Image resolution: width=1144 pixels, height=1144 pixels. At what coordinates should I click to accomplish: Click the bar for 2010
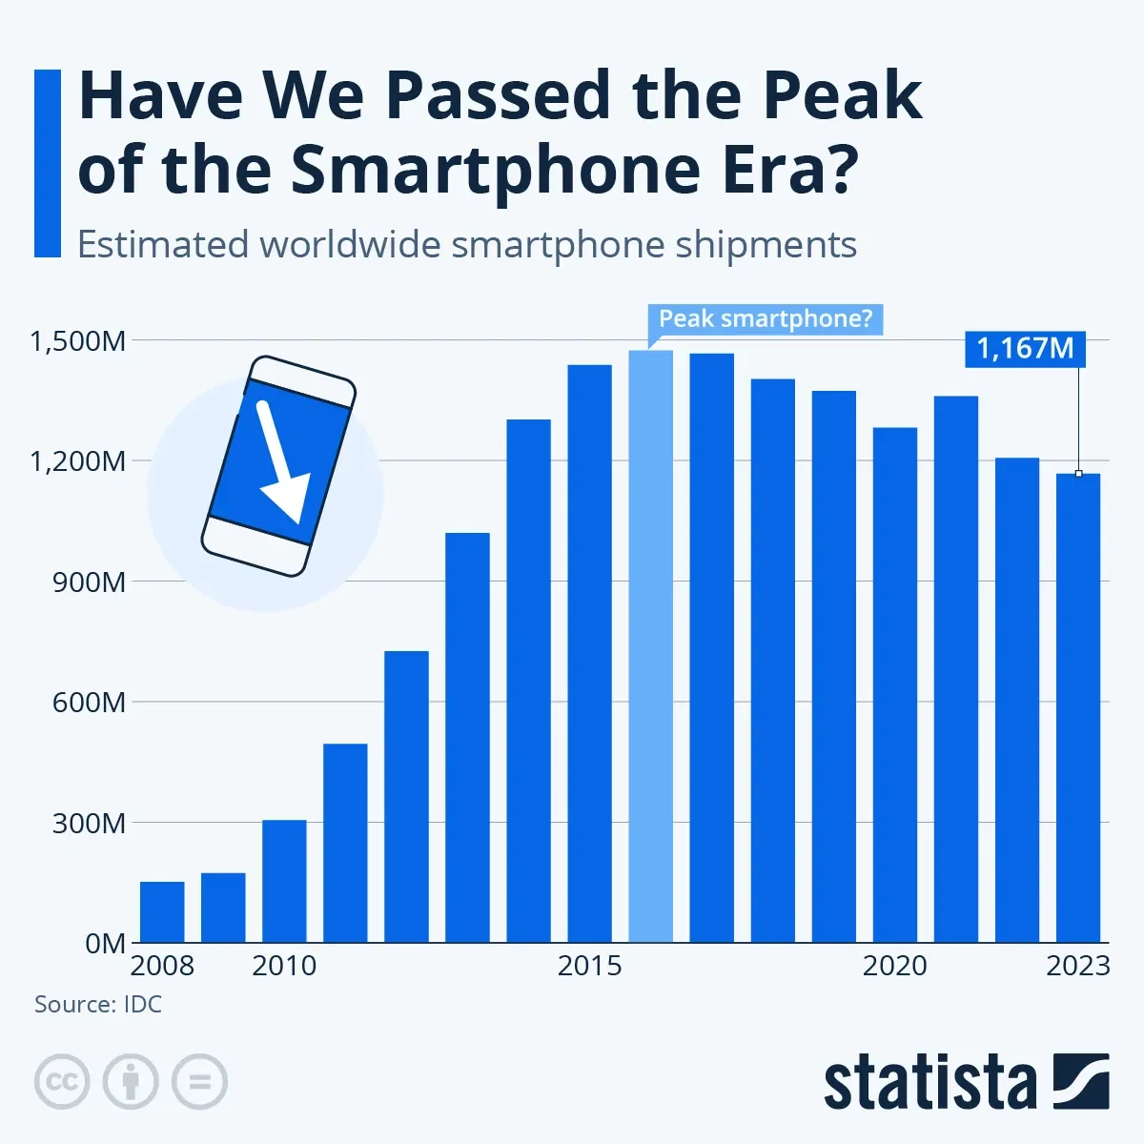coord(284,881)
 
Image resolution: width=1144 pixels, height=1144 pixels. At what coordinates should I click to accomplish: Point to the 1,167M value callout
coord(1025,348)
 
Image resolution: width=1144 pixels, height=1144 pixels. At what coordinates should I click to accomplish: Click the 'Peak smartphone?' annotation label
coord(765,318)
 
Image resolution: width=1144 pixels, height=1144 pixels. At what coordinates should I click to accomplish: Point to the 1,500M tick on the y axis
coord(77,341)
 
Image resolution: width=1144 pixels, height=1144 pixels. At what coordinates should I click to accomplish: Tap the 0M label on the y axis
coord(105,944)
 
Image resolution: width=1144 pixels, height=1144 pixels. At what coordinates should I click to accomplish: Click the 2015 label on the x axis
coord(589,966)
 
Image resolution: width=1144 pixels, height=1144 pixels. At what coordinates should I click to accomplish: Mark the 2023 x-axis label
coord(1078,966)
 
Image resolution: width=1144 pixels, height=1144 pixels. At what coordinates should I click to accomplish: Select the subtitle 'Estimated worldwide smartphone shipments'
coord(466,245)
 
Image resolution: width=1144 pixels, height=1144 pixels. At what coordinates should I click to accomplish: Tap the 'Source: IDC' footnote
coord(98,1004)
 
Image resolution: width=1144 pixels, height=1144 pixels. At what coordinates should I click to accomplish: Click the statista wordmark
coord(929,1084)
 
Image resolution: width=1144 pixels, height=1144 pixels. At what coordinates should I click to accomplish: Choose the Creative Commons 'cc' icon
coord(62,1082)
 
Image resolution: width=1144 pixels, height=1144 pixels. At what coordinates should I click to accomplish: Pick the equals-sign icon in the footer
coord(199,1082)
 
